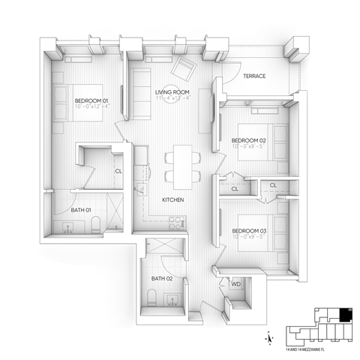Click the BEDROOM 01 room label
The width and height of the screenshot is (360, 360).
(x=91, y=100)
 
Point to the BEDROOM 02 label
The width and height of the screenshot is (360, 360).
(x=248, y=141)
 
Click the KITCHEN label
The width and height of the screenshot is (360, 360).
(x=174, y=200)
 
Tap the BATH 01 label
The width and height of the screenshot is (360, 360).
(x=82, y=211)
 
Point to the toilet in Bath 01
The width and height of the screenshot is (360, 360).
(x=95, y=223)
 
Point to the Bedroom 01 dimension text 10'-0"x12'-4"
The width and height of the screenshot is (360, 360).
(x=91, y=107)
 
